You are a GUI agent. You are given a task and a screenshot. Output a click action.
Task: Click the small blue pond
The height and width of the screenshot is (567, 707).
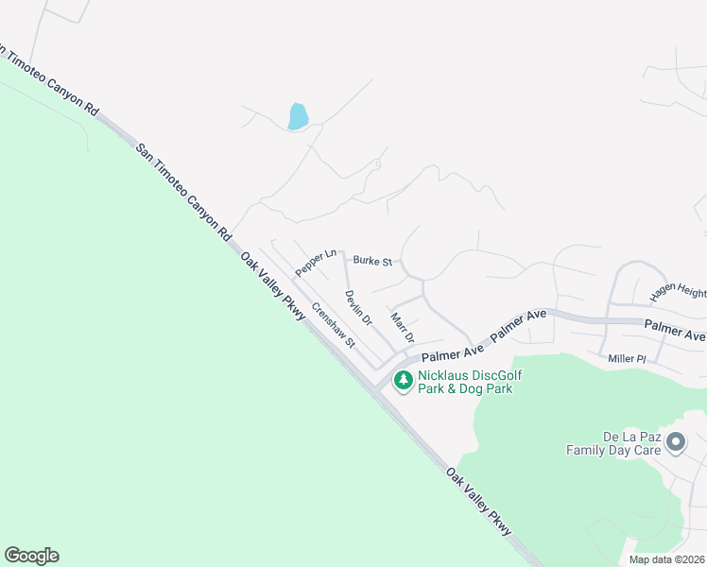[298, 116]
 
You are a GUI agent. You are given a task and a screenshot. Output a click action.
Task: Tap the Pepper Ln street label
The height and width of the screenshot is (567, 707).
[316, 263]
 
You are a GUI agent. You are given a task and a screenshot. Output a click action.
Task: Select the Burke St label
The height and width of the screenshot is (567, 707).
[372, 260]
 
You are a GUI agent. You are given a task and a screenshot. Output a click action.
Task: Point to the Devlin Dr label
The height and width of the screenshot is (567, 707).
[358, 308]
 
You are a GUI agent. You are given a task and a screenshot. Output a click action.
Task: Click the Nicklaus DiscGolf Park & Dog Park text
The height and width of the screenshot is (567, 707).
[470, 382]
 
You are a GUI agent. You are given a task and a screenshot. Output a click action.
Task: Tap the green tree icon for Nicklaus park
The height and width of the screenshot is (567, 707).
[404, 381]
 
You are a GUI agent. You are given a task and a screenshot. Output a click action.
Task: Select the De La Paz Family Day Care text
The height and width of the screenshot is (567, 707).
[614, 443]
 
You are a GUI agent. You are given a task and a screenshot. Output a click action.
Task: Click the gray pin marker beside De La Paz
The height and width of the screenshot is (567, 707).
[676, 442]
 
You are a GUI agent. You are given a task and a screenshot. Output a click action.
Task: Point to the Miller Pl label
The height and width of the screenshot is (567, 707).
[627, 359]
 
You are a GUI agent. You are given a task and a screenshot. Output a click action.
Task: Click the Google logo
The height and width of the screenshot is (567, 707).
[31, 556]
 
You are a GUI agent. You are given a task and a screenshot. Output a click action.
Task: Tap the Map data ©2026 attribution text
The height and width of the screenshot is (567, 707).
[665, 559]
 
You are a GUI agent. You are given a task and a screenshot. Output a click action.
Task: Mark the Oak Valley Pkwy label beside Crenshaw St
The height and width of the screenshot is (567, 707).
[272, 286]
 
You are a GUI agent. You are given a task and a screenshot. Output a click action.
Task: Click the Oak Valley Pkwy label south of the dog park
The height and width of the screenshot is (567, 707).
[480, 502]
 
